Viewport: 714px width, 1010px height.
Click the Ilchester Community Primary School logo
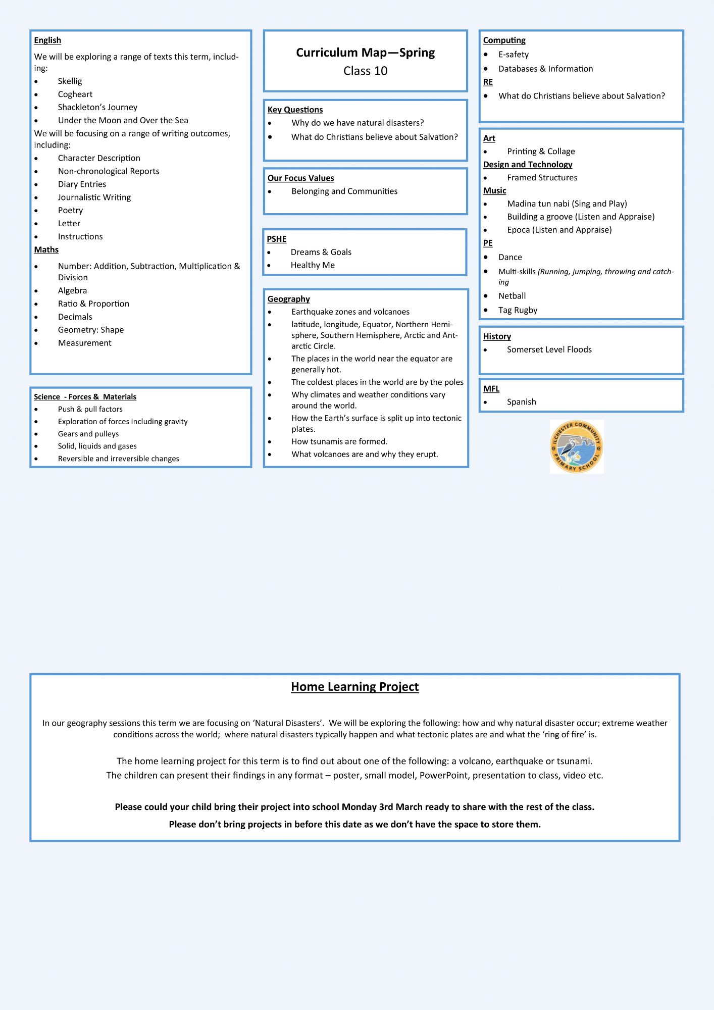pyautogui.click(x=577, y=446)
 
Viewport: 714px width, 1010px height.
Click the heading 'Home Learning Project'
pyautogui.click(x=354, y=687)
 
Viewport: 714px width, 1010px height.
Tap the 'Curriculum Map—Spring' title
pyautogui.click(x=365, y=53)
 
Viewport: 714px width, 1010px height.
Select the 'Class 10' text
pyautogui.click(x=365, y=71)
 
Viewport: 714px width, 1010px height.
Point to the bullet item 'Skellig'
pyautogui.click(x=70, y=81)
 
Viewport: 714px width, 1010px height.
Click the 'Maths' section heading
pyautogui.click(x=46, y=250)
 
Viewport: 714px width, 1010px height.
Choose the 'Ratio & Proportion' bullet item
pyautogui.click(x=93, y=304)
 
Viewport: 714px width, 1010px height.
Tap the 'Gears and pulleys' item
pyautogui.click(x=88, y=434)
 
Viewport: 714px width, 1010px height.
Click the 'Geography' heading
pyautogui.click(x=288, y=299)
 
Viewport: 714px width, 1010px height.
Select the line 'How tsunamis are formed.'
pyautogui.click(x=339, y=442)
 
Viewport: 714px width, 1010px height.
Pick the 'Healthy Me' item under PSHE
pyautogui.click(x=313, y=266)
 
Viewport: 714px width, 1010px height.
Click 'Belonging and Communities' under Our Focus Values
pyautogui.click(x=344, y=191)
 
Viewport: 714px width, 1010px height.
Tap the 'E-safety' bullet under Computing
pyautogui.click(x=514, y=55)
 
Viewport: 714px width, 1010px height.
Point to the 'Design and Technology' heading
pyautogui.click(x=528, y=165)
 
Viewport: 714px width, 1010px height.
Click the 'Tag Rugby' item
pyautogui.click(x=518, y=311)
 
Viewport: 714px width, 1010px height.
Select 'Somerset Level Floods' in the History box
pyautogui.click(x=549, y=350)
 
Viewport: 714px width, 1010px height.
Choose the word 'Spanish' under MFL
pyautogui.click(x=522, y=402)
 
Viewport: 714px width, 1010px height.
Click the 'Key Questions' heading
pyautogui.click(x=295, y=110)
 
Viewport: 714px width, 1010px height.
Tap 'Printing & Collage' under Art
pyautogui.click(x=541, y=151)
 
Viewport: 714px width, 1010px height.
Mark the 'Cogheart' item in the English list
pyautogui.click(x=75, y=94)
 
